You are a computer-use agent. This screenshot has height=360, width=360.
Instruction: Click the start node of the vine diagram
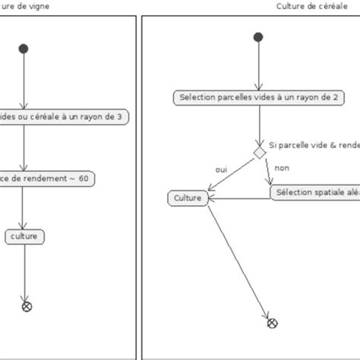pos(24,49)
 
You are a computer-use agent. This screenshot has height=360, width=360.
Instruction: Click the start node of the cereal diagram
pos(259,36)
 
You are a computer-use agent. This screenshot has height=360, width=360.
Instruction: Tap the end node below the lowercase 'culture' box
pos(27,306)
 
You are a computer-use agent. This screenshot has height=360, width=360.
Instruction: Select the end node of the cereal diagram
pos(272,323)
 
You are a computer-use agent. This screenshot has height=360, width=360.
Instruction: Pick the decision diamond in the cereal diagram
pos(259,153)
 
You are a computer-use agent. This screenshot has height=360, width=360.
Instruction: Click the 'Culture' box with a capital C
pos(187,198)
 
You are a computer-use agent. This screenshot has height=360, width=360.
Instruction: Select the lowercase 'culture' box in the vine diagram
pos(25,237)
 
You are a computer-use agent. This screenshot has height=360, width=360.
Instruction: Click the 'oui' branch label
pos(221,169)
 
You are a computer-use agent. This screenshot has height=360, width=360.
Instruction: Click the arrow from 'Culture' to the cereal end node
pos(235,258)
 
